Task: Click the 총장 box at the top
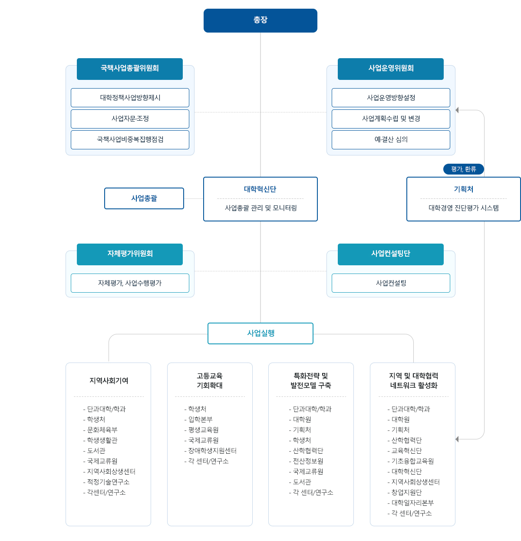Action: pyautogui.click(x=260, y=20)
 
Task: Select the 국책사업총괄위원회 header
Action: pyautogui.click(x=129, y=69)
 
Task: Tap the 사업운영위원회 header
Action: pyautogui.click(x=390, y=69)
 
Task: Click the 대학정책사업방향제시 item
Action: pyautogui.click(x=130, y=98)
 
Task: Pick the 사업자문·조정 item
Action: pyautogui.click(x=130, y=119)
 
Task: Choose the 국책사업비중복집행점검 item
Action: pyautogui.click(x=130, y=139)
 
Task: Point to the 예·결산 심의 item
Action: pyautogui.click(x=391, y=139)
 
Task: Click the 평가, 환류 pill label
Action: pyautogui.click(x=463, y=169)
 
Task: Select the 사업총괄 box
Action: pyautogui.click(x=144, y=198)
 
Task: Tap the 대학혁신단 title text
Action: pyautogui.click(x=260, y=189)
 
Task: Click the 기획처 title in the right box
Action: pyautogui.click(x=463, y=189)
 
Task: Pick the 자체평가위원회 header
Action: pyautogui.click(x=129, y=254)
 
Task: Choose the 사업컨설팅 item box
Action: pyautogui.click(x=391, y=283)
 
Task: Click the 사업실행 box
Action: pyautogui.click(x=260, y=333)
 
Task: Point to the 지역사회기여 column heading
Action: pyautogui.click(x=109, y=381)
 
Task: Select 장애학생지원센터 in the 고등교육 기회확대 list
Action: pyautogui.click(x=212, y=451)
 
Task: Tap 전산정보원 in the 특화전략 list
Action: pyautogui.click(x=308, y=461)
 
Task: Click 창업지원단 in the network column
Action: pyautogui.click(x=406, y=492)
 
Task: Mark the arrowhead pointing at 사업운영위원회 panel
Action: pyautogui.click(x=457, y=110)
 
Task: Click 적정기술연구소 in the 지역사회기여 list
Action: pyautogui.click(x=108, y=482)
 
